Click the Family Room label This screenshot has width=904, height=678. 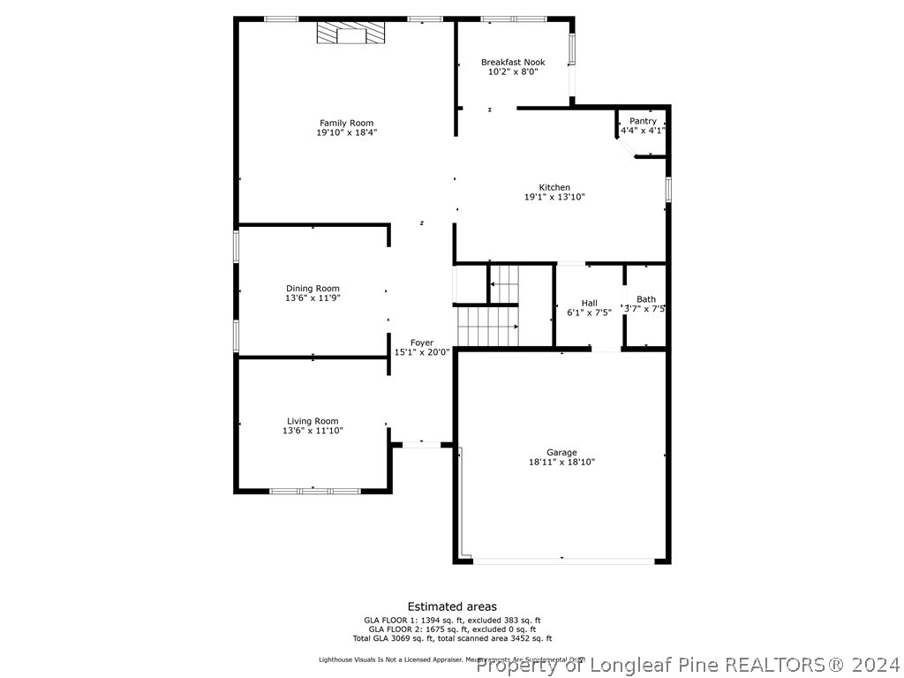tap(346, 124)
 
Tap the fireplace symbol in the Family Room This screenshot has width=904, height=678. tap(351, 34)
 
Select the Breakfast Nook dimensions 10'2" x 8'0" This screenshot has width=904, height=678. tap(513, 72)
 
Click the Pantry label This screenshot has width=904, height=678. tap(643, 121)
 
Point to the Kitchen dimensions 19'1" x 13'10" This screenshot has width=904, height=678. tap(554, 197)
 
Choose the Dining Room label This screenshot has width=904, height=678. tap(313, 289)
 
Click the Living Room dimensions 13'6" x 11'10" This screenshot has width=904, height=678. tap(313, 431)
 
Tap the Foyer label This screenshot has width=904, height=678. tap(422, 343)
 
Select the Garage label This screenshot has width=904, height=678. tap(561, 453)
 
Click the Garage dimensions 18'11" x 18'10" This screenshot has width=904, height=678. tap(561, 462)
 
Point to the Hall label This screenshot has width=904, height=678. tap(589, 303)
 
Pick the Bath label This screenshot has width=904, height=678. tap(646, 299)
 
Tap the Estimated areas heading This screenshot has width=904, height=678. tap(452, 606)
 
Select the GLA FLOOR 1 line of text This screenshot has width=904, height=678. tap(452, 620)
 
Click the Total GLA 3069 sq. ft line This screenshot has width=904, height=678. tap(452, 638)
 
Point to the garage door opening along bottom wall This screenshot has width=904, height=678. tap(563, 561)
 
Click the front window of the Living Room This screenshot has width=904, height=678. tap(313, 490)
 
